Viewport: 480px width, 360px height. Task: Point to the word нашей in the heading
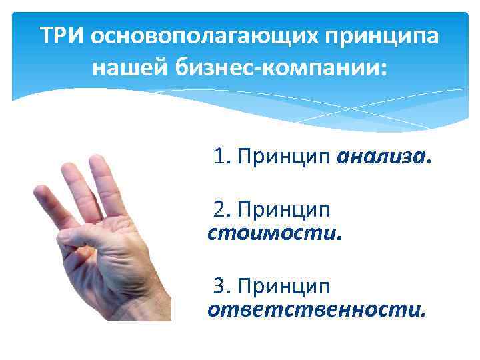(x=128, y=68)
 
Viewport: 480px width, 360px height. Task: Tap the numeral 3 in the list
(x=219, y=286)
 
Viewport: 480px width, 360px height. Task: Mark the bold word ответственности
(x=315, y=309)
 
